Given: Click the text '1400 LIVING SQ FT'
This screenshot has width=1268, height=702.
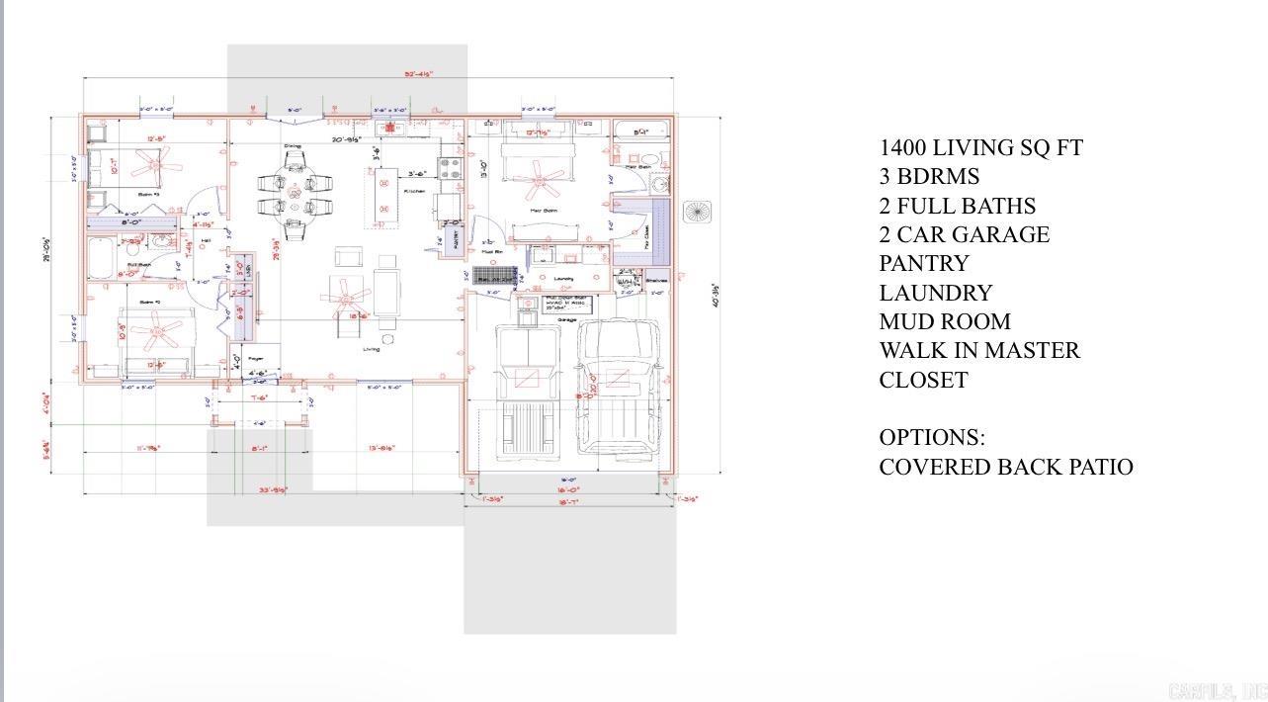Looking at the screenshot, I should pyautogui.click(x=980, y=148).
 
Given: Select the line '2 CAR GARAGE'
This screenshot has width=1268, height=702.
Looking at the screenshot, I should pyautogui.click(x=964, y=235).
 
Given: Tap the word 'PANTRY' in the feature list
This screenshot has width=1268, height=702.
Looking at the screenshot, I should pyautogui.click(x=924, y=264).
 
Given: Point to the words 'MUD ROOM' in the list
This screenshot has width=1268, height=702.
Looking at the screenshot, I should pyautogui.click(x=944, y=322).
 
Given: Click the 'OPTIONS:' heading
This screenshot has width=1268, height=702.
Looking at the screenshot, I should pyautogui.click(x=931, y=438).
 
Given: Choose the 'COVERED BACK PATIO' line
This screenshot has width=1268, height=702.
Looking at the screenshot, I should pyautogui.click(x=1005, y=467).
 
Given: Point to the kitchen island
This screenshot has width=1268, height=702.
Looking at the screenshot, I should pyautogui.click(x=385, y=198).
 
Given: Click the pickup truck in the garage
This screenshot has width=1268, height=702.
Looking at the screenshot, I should pyautogui.click(x=618, y=391).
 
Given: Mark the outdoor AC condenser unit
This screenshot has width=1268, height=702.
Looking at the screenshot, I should pyautogui.click(x=697, y=212).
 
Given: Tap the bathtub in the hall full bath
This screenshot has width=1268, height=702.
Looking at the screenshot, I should pyautogui.click(x=103, y=256).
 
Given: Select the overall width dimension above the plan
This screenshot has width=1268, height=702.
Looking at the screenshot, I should pyautogui.click(x=418, y=74).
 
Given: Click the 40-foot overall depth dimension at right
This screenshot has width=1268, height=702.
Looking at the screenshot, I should pyautogui.click(x=715, y=295).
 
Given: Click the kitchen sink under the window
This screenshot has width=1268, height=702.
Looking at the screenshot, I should pyautogui.click(x=390, y=128).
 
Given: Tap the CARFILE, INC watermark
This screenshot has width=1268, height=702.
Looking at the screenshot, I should pyautogui.click(x=1216, y=691).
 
